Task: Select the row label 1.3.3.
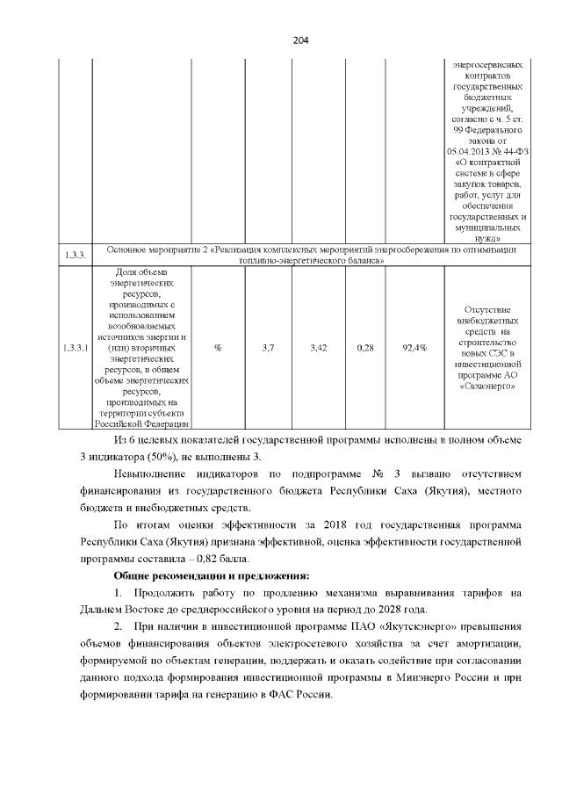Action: click(x=74, y=255)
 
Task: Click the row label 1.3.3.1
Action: click(x=74, y=348)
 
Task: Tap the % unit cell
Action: click(x=217, y=348)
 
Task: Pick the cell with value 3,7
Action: click(x=269, y=348)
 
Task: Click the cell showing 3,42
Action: click(x=319, y=348)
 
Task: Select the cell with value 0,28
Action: click(x=366, y=348)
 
